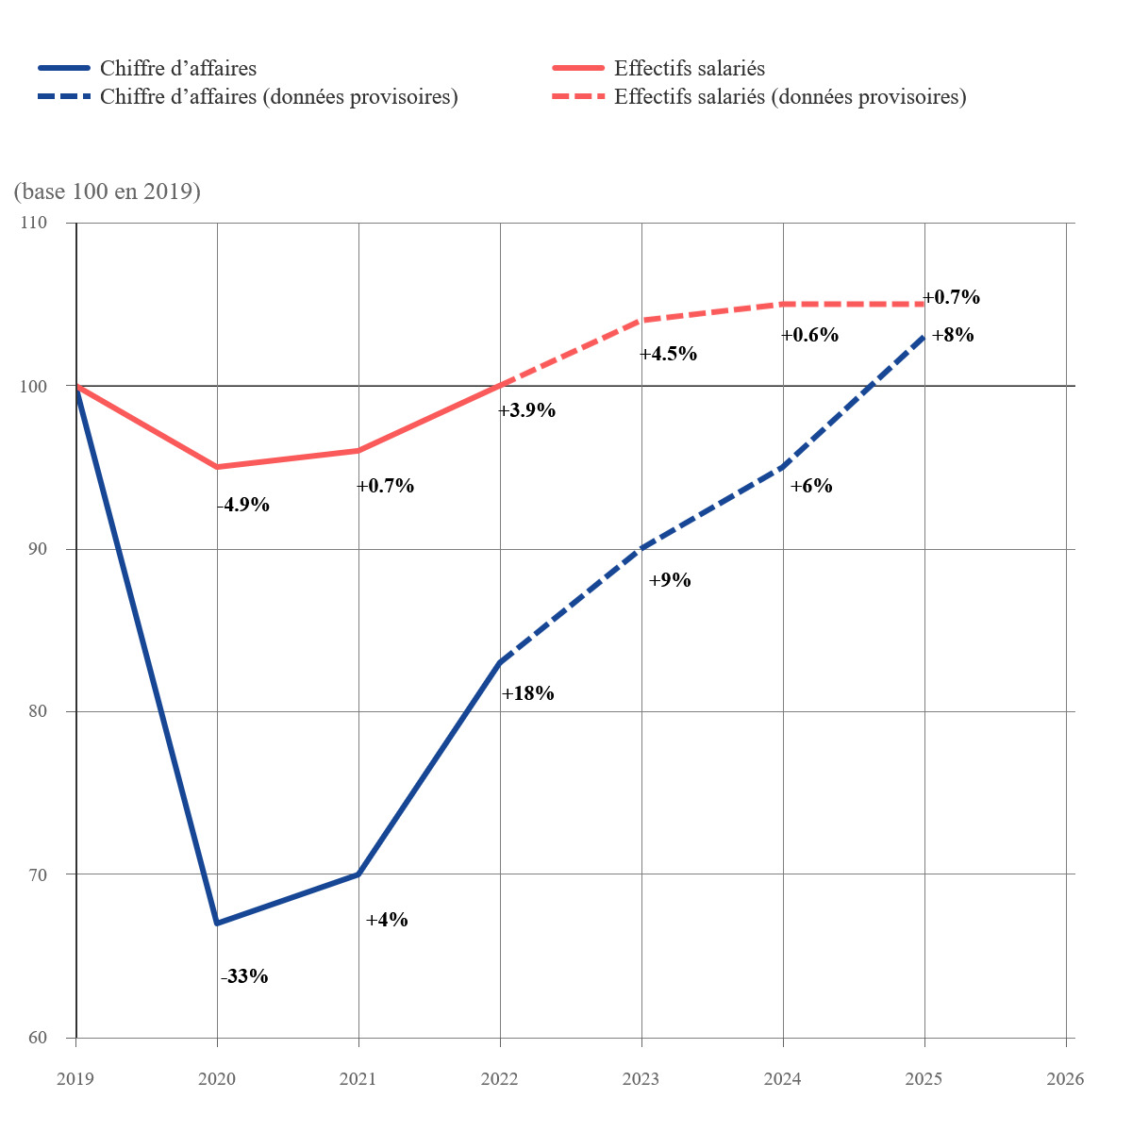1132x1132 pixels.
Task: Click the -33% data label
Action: click(x=244, y=975)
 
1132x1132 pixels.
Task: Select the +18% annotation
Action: click(x=527, y=693)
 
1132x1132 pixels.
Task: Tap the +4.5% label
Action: click(x=668, y=354)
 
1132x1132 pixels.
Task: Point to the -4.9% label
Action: click(x=243, y=505)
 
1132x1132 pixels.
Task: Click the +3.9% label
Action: click(x=526, y=410)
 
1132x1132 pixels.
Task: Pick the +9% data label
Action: click(x=670, y=580)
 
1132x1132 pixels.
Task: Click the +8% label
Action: click(x=953, y=335)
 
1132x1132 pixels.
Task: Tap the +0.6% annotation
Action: click(x=809, y=335)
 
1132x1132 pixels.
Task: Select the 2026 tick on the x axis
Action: click(x=1065, y=1079)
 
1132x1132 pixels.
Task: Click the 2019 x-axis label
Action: click(x=75, y=1079)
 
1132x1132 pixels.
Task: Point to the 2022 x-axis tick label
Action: click(x=499, y=1079)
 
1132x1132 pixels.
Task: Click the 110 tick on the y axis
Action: click(x=33, y=223)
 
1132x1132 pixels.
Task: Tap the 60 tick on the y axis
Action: click(x=38, y=1038)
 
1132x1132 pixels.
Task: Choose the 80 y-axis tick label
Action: click(x=38, y=711)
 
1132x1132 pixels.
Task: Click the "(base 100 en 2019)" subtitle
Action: click(x=107, y=191)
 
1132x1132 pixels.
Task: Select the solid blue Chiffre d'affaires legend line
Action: click(x=64, y=68)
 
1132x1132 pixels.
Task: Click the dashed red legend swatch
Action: click(x=578, y=96)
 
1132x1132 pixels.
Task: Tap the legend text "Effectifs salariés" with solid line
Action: click(x=690, y=68)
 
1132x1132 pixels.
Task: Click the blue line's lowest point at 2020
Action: click(x=217, y=923)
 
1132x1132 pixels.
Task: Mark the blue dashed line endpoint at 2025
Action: click(x=924, y=337)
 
